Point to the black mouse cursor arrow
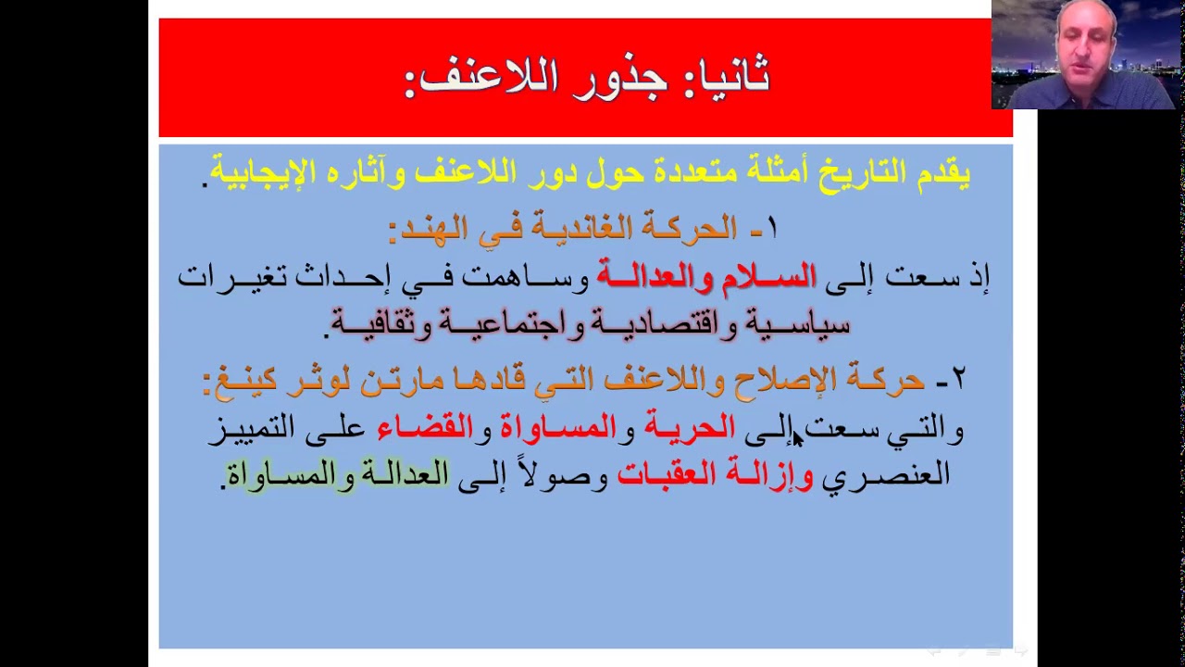coord(797,437)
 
